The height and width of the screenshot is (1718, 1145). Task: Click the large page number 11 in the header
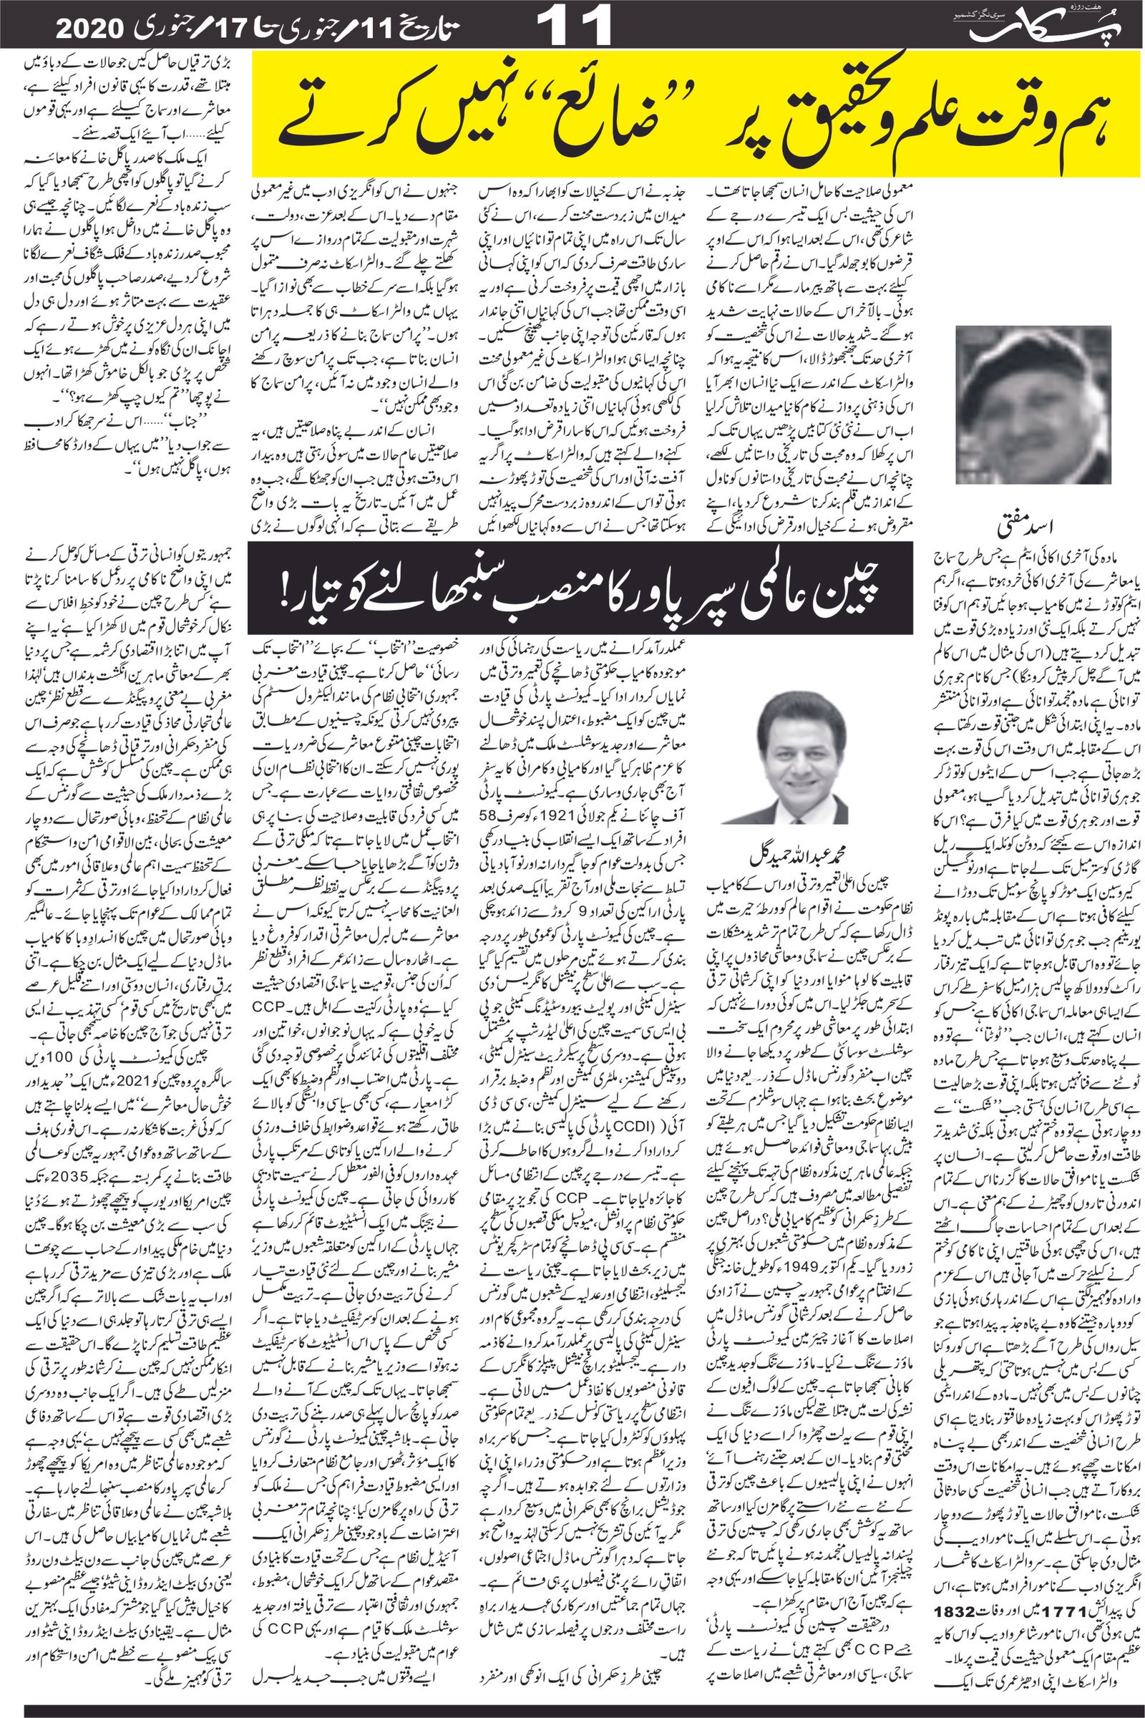[574, 26]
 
